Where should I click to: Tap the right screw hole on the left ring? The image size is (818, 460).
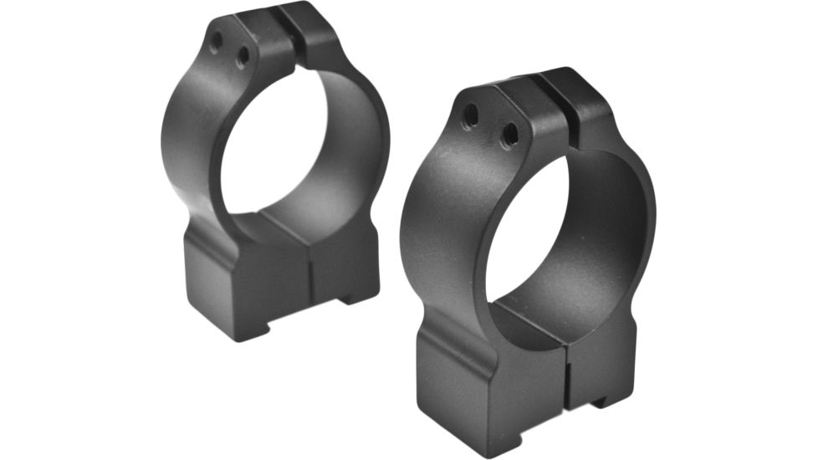tap(243, 57)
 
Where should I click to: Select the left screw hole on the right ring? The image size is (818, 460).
tap(471, 115)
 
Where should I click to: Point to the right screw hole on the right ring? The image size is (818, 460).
tap(509, 134)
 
